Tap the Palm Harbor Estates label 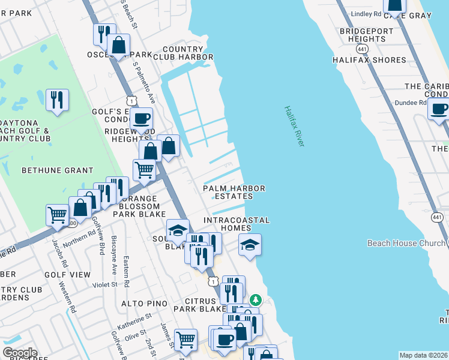coord(234,192)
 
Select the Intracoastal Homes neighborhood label coord(237,224)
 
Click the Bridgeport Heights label coord(362,35)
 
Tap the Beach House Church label coord(407,243)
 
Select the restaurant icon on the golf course coord(57,100)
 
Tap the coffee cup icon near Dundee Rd coord(439,109)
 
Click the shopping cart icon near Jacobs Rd coord(57,214)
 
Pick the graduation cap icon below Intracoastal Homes coord(250,244)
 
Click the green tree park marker coord(256,299)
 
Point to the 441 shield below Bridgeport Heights coord(362,48)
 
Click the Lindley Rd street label coord(366,13)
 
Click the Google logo coord(19,353)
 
